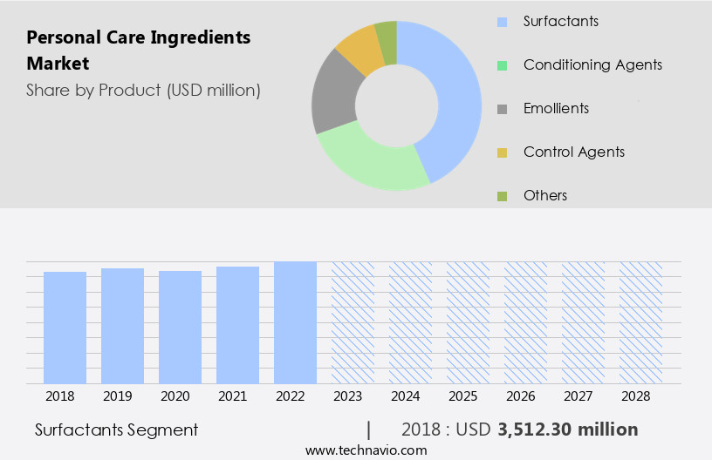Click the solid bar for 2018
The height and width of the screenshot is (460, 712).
[65, 328]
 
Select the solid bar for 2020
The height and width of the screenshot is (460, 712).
[180, 327]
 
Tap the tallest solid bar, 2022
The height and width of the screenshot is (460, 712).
[295, 322]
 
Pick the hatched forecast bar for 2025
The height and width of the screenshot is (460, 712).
[468, 322]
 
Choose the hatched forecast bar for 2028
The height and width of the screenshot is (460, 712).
[640, 322]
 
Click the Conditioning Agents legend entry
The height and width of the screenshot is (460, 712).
[592, 64]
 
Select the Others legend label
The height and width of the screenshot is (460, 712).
[544, 195]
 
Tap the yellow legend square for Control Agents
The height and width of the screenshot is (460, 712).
[502, 152]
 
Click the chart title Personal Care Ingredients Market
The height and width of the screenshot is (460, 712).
[138, 51]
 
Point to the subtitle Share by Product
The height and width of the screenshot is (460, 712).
[143, 90]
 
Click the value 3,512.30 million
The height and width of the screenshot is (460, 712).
[567, 430]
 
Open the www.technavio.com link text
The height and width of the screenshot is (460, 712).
[366, 450]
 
